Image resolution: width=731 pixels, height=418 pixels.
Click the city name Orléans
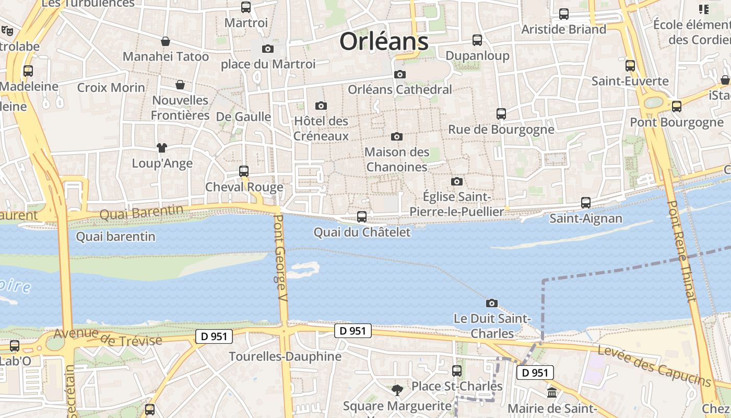pos(384,41)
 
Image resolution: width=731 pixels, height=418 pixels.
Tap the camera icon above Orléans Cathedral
pos(400,74)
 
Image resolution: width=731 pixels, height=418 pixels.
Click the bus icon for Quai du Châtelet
pos(361,216)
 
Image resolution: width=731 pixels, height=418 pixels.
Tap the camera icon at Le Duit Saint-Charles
pos(491,303)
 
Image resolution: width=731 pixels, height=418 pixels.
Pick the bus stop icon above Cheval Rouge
pos(243,171)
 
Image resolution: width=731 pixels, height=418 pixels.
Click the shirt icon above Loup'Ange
pos(162,148)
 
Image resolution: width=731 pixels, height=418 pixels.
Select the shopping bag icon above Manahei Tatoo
pos(166,41)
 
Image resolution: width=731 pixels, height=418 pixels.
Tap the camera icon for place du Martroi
pos(268,49)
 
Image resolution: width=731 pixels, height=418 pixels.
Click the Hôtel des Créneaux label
pos(321,129)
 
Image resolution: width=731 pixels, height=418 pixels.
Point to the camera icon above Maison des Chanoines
pos(397,136)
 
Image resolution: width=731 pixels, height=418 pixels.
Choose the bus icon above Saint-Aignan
pos(586,203)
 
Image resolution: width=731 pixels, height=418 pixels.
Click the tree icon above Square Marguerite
pos(397,390)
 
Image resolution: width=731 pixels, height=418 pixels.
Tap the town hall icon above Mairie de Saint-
pos(552,392)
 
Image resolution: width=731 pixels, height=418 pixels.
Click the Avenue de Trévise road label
pos(108,337)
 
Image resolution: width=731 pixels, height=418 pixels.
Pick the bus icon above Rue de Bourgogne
pos(501,113)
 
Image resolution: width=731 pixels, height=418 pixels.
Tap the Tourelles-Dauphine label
pos(285,357)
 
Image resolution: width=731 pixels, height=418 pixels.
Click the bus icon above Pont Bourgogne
pos(677,107)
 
